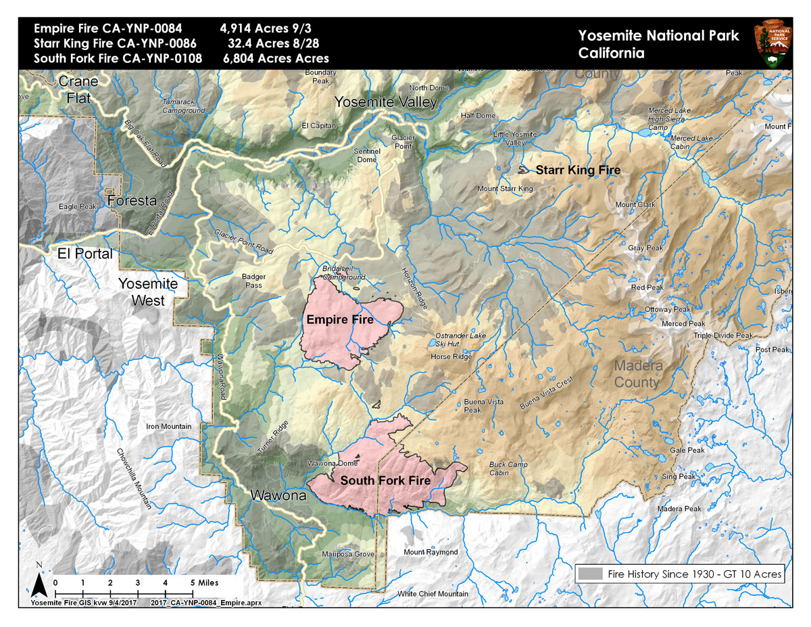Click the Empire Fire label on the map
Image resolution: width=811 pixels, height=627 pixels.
coord(340,319)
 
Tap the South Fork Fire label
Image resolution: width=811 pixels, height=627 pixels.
coord(385,481)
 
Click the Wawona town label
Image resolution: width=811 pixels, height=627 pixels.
coord(278,495)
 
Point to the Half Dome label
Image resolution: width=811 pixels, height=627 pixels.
coord(478,116)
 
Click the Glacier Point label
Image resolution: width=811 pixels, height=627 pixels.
coord(403,141)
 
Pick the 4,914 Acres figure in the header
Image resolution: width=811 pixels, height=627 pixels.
coord(249,30)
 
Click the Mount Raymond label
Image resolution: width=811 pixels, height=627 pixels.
coord(431,553)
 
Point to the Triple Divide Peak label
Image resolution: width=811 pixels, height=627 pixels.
coord(722,335)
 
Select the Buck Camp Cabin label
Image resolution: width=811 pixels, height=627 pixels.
coord(508,469)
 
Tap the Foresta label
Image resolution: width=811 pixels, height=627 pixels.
coord(132,201)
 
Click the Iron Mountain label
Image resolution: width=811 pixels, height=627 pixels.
coord(168,427)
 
